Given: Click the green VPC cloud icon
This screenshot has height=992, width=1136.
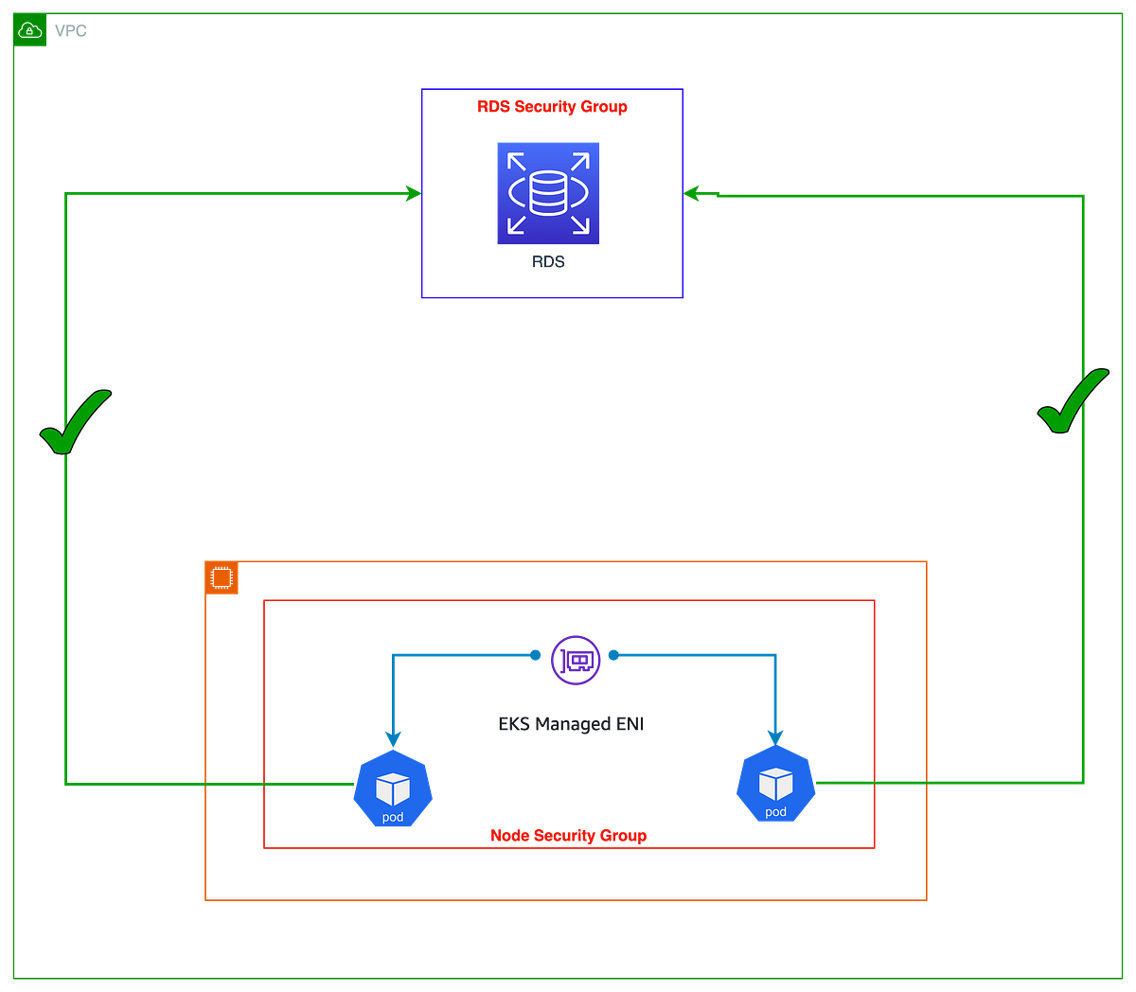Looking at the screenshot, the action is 30,30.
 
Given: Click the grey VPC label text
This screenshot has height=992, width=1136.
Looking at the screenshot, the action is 70,30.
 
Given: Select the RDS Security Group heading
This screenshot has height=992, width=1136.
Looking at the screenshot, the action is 552,106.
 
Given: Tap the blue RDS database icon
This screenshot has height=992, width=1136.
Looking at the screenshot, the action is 548,193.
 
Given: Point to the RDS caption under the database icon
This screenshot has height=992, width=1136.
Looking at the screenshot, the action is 548,261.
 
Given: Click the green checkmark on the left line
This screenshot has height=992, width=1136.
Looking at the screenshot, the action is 76,422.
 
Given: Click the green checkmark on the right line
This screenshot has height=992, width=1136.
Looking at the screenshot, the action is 1074,400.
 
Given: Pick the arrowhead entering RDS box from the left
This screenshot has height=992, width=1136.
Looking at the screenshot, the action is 414,194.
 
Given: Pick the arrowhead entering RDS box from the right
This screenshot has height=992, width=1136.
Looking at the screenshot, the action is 691,194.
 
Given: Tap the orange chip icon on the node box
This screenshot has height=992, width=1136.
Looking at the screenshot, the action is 222,578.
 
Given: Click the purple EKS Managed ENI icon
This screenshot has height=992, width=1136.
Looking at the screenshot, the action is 576,660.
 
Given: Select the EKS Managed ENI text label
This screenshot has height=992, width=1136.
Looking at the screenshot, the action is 571,724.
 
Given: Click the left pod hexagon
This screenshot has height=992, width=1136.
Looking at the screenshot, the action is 393,788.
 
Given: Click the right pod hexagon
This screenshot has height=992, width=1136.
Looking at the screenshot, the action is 775,783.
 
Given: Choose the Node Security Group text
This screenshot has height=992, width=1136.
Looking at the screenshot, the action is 569,836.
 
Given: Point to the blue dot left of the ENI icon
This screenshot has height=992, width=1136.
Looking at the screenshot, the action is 535,655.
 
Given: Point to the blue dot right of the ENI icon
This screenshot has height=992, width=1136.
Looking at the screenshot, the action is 613,655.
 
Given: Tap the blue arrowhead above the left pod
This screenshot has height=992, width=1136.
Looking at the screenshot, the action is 393,740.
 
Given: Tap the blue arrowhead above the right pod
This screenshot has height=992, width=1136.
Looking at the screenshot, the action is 775,737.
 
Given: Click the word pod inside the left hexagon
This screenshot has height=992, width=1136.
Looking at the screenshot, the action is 393,817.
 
